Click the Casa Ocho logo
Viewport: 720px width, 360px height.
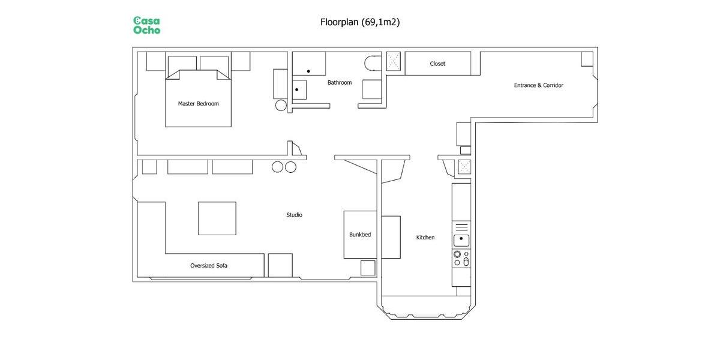click(x=146, y=25)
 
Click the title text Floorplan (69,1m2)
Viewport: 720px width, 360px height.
click(x=360, y=22)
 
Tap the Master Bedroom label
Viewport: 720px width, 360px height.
click(x=198, y=103)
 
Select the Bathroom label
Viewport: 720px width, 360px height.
click(x=339, y=82)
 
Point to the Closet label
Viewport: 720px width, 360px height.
click(x=437, y=64)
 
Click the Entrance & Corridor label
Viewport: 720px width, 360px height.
click(x=538, y=85)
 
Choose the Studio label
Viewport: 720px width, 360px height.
click(x=294, y=215)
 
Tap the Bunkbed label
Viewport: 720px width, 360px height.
click(x=360, y=235)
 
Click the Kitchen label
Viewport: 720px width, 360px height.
click(x=425, y=238)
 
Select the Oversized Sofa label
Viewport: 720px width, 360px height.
click(x=209, y=265)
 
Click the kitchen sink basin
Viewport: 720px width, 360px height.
click(x=461, y=240)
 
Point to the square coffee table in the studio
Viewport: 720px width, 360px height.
click(x=217, y=218)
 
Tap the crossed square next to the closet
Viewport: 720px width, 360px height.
click(x=394, y=61)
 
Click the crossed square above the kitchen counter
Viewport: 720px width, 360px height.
click(x=464, y=166)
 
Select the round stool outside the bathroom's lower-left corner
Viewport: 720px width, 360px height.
click(x=281, y=106)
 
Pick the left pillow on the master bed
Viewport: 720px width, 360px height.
click(x=182, y=64)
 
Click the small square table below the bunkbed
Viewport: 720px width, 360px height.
click(x=368, y=268)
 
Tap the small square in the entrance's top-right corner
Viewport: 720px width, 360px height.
click(x=587, y=59)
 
